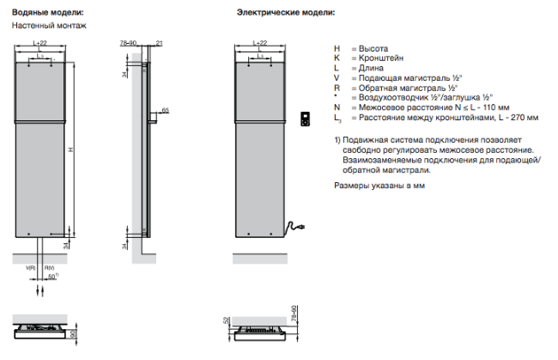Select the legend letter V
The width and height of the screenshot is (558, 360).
(337, 77)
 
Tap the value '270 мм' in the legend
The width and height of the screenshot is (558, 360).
(524, 117)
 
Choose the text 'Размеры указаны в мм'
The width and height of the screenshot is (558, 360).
(379, 184)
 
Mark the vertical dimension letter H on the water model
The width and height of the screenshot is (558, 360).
(71, 150)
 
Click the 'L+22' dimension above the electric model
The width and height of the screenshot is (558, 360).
(258, 42)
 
